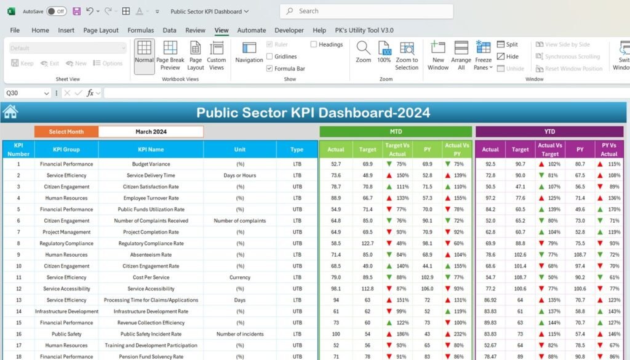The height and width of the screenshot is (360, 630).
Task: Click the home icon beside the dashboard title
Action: click(10, 111)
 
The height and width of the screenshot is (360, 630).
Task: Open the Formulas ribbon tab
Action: click(141, 30)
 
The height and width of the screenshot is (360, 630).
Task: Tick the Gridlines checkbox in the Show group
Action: click(269, 56)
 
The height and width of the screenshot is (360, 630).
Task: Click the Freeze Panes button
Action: click(483, 55)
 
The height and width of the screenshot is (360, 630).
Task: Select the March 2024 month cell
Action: click(151, 132)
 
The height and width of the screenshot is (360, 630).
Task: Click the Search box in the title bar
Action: click(367, 11)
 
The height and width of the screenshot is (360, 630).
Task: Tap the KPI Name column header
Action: click(151, 150)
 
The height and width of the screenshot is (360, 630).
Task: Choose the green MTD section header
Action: click(396, 131)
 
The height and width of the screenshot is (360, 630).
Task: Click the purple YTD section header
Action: click(549, 131)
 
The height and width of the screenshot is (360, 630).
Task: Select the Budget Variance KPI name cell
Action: click(151, 164)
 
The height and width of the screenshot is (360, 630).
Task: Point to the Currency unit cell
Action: click(240, 278)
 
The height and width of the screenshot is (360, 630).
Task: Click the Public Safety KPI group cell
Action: click(66, 334)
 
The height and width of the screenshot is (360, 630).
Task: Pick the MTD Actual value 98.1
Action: click(336, 289)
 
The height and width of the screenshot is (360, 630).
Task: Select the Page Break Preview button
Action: click(170, 55)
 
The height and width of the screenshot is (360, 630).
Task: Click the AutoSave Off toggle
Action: click(56, 11)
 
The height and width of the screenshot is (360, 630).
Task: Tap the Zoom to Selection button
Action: click(407, 55)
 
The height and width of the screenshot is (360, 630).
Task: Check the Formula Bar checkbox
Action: click(269, 68)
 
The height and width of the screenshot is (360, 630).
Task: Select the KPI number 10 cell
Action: click(18, 266)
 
